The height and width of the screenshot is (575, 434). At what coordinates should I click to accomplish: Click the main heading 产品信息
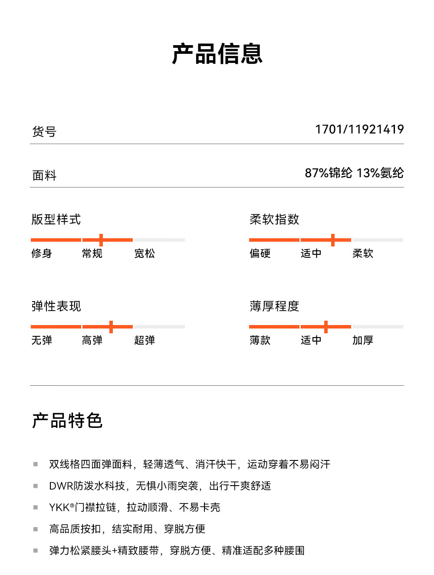(217, 53)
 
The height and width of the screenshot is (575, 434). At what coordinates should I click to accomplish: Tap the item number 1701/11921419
(359, 129)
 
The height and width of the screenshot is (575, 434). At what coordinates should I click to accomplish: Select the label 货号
(44, 131)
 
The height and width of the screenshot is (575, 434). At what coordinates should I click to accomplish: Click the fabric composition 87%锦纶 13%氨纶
(354, 173)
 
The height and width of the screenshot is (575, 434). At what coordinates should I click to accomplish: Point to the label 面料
(44, 175)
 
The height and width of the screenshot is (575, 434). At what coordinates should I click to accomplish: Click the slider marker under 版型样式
(101, 240)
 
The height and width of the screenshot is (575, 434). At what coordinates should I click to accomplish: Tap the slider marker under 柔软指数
(332, 240)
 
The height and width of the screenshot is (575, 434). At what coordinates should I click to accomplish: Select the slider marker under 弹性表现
(111, 327)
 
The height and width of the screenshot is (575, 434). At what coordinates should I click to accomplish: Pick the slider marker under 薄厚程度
(326, 327)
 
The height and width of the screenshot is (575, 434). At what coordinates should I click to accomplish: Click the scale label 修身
(41, 253)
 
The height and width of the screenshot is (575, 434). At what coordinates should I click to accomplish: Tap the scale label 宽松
(145, 253)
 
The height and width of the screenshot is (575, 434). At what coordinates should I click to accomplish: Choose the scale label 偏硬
(260, 253)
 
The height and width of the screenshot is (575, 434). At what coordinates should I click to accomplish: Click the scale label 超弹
(145, 340)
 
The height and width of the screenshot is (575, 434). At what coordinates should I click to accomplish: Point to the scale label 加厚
(362, 340)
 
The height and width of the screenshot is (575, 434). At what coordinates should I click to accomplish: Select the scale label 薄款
(260, 340)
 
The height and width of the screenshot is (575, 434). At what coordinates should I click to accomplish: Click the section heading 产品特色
(67, 420)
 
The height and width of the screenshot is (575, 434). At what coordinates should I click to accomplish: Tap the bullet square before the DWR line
(36, 486)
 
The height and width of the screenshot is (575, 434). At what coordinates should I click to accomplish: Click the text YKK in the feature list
(59, 507)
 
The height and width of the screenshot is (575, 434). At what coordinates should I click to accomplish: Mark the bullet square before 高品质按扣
(36, 529)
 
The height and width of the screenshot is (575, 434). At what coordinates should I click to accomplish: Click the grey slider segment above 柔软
(378, 240)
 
